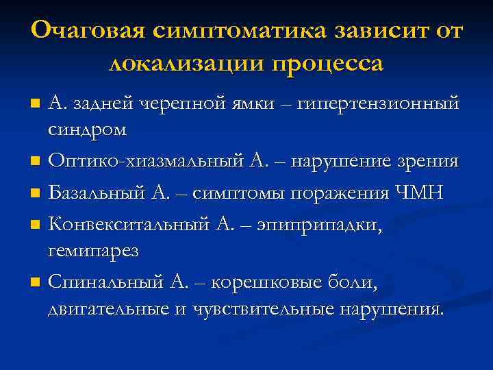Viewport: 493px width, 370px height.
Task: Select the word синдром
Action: click(x=87, y=129)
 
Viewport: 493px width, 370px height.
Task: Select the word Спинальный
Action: click(x=105, y=282)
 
